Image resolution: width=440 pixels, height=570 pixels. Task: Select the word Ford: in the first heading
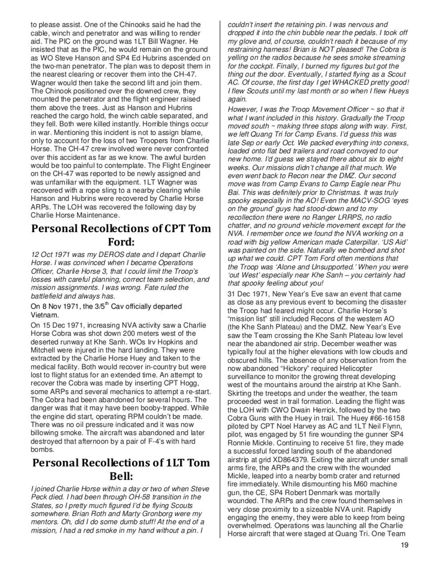coord(121,242)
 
